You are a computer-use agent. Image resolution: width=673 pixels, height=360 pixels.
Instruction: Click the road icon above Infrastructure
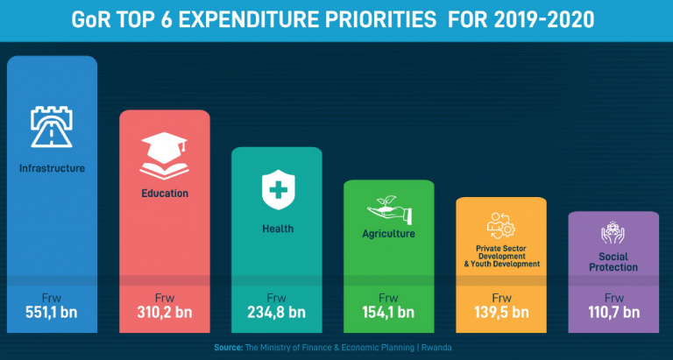tap(51, 128)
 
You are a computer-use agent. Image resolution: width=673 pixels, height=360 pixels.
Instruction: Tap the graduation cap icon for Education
tap(164, 155)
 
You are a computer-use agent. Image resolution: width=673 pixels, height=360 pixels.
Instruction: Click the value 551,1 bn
tap(52, 312)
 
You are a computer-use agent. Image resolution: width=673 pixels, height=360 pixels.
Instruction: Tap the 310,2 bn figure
tap(164, 312)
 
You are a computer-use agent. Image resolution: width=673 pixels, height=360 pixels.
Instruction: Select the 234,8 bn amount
tap(276, 312)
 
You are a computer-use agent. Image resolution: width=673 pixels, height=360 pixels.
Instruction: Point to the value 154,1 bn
tap(388, 312)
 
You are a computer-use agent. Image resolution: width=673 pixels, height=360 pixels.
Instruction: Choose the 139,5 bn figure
tap(500, 312)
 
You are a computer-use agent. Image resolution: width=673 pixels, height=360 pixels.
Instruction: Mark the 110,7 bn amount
tap(613, 312)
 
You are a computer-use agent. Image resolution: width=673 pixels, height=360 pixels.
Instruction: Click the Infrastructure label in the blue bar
tap(52, 168)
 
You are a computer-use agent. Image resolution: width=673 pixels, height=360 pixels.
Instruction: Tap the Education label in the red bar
tap(164, 193)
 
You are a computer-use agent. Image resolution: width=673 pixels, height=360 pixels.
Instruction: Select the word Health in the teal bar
tap(277, 229)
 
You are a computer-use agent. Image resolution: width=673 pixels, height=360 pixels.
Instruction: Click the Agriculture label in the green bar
tap(388, 234)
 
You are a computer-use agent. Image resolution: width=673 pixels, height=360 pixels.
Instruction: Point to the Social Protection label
tap(613, 261)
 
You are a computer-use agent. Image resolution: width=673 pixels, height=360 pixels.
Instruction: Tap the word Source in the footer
tap(228, 348)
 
